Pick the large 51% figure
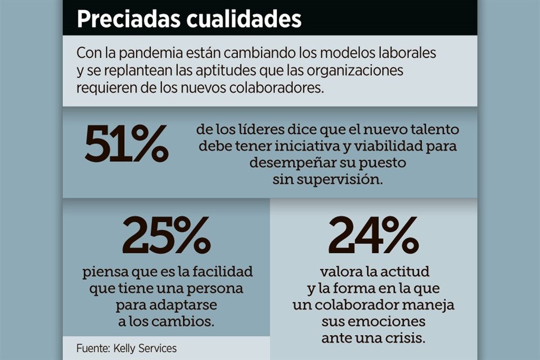click(126, 145)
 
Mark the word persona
click(213, 290)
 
